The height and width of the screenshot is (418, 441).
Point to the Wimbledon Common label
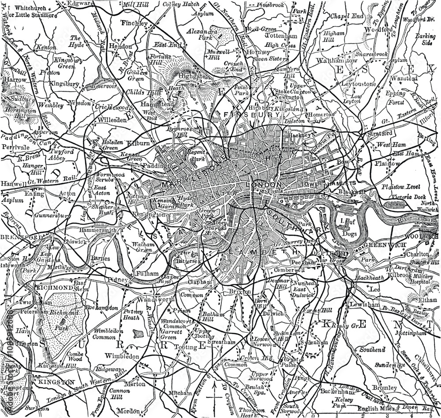104,334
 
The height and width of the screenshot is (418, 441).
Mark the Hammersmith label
98,230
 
